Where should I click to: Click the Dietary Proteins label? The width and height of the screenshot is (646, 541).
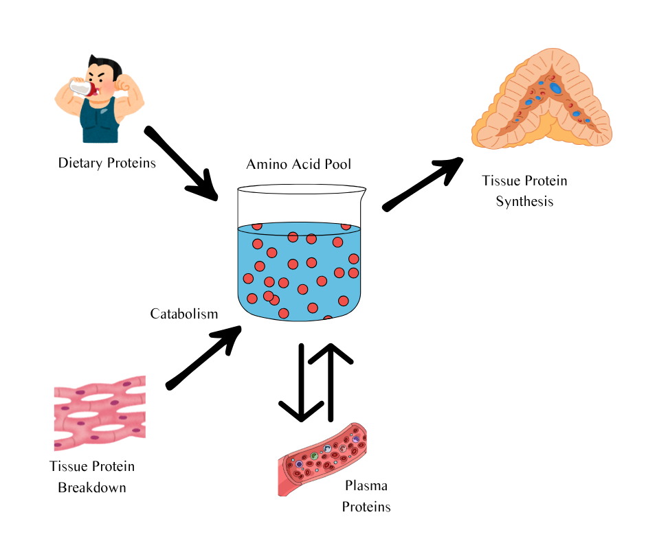click(x=107, y=163)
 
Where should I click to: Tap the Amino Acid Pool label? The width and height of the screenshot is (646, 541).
click(x=298, y=165)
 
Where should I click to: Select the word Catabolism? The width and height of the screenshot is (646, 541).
click(x=183, y=314)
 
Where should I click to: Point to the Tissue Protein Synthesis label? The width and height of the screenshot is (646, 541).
click(x=524, y=191)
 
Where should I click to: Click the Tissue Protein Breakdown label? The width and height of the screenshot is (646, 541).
click(x=92, y=477)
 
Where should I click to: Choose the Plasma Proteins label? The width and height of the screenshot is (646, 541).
click(x=366, y=496)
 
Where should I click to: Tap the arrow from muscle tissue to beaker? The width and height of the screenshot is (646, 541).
click(x=203, y=358)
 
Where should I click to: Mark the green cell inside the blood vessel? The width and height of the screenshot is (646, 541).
click(x=314, y=455)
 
